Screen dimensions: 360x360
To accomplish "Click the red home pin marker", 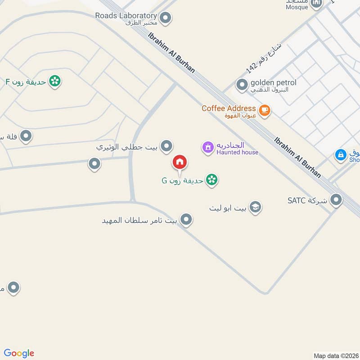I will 180,162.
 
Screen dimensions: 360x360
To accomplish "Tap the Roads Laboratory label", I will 126,16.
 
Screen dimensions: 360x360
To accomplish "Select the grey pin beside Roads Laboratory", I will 166,18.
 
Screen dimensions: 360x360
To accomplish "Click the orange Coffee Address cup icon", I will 265,110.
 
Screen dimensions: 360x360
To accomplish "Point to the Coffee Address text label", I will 228,108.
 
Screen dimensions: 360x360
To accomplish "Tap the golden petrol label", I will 273,82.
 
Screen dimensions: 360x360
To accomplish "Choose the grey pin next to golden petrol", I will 242,84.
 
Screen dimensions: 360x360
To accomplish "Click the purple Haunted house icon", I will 207,147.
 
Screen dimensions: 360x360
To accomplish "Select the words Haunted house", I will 237,152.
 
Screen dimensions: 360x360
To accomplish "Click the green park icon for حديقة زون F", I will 55,81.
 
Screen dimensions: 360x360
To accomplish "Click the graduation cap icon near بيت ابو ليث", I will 255,207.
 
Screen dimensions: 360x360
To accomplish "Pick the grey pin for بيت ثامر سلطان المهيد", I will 186,220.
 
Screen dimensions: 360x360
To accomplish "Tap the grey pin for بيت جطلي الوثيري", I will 167,146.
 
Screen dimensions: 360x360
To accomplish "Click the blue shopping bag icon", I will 341,155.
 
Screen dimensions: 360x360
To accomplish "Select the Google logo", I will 19,353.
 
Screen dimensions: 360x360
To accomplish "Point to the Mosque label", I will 297,7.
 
